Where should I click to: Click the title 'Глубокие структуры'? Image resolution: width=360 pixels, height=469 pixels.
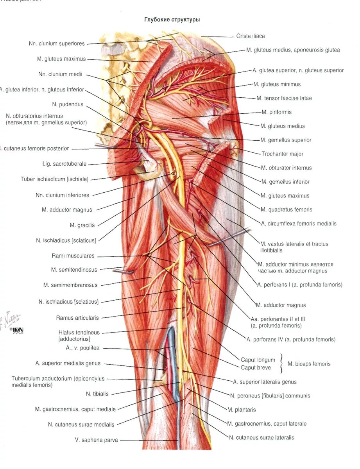coord(172,19)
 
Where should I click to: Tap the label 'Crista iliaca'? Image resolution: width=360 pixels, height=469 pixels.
coord(250,36)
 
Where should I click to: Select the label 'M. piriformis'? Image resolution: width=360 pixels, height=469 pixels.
coord(276,112)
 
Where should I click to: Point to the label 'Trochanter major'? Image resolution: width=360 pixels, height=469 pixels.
coord(282,154)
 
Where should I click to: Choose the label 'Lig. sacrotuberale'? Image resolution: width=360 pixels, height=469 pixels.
coord(64,164)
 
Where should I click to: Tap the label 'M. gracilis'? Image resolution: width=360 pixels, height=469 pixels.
coord(82,225)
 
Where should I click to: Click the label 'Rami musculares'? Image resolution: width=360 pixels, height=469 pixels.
coord(73,256)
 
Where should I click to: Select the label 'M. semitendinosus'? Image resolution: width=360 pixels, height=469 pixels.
coord(74,270)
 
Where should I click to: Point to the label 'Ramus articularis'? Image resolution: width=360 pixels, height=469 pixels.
coord(77,318)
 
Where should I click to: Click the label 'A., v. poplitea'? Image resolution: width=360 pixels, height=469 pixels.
coord(82,348)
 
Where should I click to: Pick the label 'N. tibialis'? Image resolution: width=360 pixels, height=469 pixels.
coord(97,394)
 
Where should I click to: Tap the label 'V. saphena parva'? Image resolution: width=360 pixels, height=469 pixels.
coord(96,440)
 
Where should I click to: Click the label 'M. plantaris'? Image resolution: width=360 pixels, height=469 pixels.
coord(242,410)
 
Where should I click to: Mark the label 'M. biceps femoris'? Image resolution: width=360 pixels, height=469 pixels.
coord(309,364)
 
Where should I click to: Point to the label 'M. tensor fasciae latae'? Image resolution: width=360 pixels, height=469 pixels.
coord(284,98)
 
